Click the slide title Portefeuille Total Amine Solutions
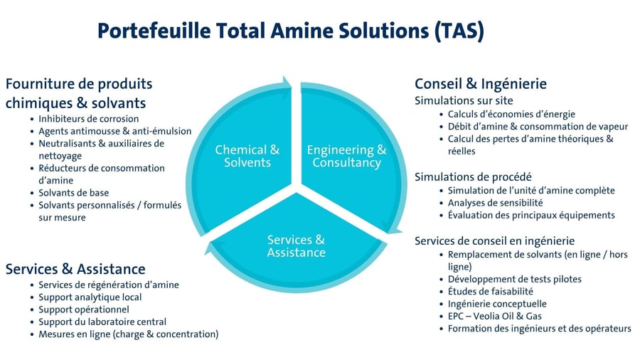tap(290, 32)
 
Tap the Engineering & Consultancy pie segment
tap(346, 157)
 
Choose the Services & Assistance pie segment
tap(297, 246)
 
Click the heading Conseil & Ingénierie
tap(480, 83)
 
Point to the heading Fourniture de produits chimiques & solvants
tap(78, 93)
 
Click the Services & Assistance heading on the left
tap(75, 268)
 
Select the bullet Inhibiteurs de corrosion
tap(88, 119)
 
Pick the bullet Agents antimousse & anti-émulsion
tap(105, 131)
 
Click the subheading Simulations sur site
tap(464, 100)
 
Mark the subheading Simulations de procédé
tap(473, 176)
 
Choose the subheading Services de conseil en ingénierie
tap(494, 240)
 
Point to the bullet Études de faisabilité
tap(490, 291)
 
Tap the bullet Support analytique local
tap(90, 297)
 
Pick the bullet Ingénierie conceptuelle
tap(497, 303)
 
